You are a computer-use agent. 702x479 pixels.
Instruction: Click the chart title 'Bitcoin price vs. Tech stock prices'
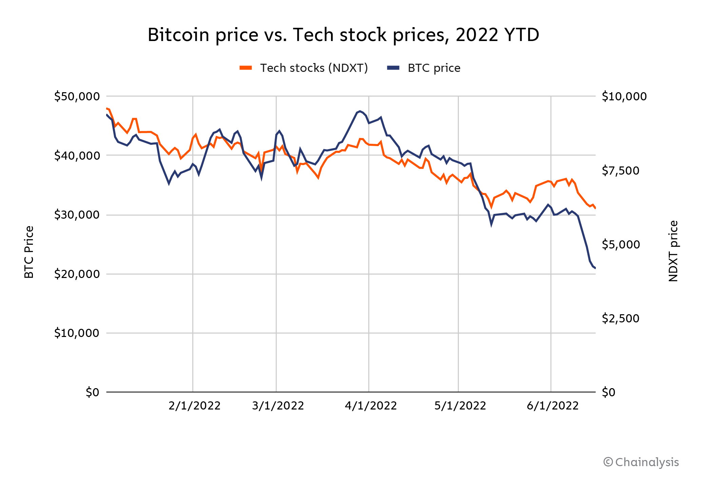pyautogui.click(x=343, y=35)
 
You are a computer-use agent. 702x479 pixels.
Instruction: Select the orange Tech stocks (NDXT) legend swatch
pyautogui.click(x=246, y=68)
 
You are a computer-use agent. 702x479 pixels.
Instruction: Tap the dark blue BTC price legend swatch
pyautogui.click(x=393, y=68)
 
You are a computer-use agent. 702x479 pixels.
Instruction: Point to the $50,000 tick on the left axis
pyautogui.click(x=77, y=97)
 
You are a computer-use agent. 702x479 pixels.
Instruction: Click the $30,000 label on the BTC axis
pyautogui.click(x=77, y=215)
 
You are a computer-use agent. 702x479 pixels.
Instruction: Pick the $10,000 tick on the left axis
pyautogui.click(x=77, y=333)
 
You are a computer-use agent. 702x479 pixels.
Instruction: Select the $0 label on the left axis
pyautogui.click(x=92, y=392)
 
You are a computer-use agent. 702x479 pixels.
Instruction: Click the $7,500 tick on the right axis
pyautogui.click(x=620, y=171)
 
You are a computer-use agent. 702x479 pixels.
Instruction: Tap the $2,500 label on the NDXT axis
pyautogui.click(x=620, y=318)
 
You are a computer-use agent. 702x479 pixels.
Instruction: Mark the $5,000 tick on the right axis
pyautogui.click(x=620, y=244)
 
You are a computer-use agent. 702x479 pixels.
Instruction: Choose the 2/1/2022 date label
pyautogui.click(x=194, y=406)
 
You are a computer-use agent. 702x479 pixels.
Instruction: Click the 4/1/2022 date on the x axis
pyautogui.click(x=371, y=406)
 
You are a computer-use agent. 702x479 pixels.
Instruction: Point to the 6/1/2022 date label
pyautogui.click(x=552, y=406)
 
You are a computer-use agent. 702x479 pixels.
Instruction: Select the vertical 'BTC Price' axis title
pyautogui.click(x=29, y=252)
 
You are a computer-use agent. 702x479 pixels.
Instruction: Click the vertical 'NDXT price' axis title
pyautogui.click(x=673, y=251)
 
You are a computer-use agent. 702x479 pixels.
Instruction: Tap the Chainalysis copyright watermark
pyautogui.click(x=641, y=462)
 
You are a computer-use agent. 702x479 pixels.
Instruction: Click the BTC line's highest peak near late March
pyautogui.click(x=360, y=111)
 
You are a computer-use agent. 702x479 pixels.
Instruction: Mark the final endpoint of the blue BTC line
pyautogui.click(x=596, y=268)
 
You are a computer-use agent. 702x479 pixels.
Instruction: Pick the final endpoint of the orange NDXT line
pyautogui.click(x=596, y=208)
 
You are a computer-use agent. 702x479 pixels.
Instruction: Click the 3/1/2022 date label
pyautogui.click(x=278, y=406)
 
